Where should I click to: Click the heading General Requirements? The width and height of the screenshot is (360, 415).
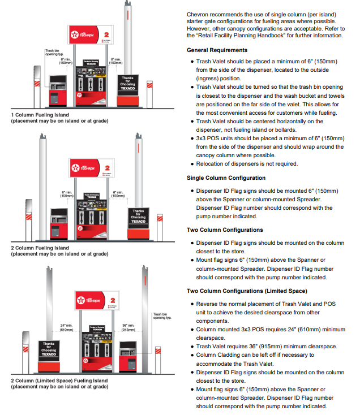click(217, 50)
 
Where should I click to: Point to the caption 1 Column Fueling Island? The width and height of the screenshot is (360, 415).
click(40, 115)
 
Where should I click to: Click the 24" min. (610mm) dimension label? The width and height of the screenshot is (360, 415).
click(67, 327)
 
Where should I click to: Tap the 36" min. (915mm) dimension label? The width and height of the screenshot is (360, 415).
click(129, 327)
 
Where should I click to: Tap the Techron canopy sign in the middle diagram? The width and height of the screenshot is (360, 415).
click(90, 168)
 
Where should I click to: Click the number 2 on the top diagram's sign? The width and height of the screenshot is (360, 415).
click(106, 35)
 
